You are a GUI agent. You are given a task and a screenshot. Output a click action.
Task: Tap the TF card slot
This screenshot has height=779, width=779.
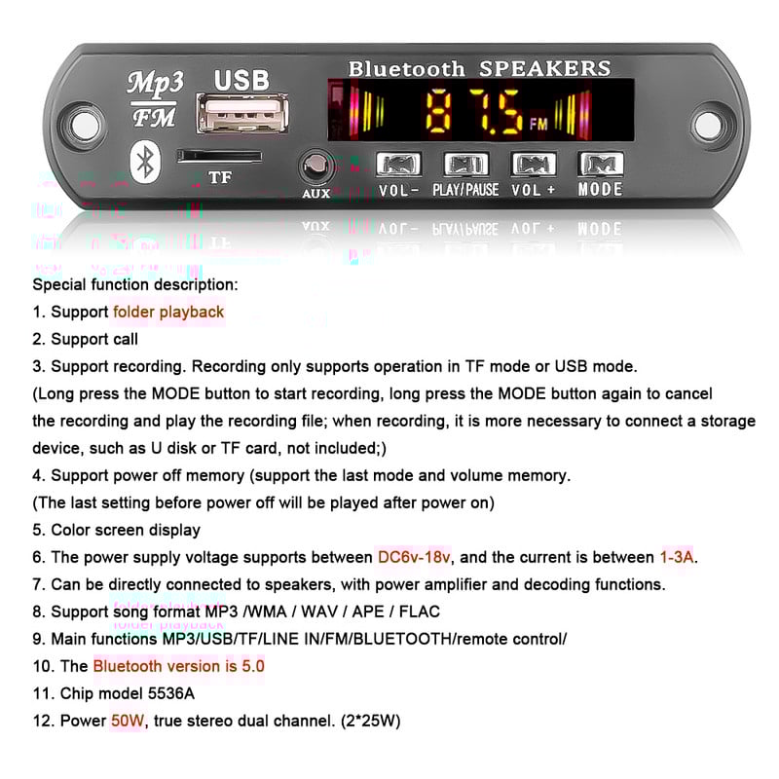(x=219, y=156)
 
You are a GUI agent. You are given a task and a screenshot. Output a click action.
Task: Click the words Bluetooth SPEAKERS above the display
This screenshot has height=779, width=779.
(x=479, y=68)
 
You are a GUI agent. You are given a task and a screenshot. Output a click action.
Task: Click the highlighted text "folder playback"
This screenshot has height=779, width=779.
(x=168, y=313)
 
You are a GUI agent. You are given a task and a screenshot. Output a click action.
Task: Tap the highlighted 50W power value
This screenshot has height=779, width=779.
(x=129, y=722)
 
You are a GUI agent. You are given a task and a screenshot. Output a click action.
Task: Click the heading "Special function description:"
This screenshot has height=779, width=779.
(x=134, y=285)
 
